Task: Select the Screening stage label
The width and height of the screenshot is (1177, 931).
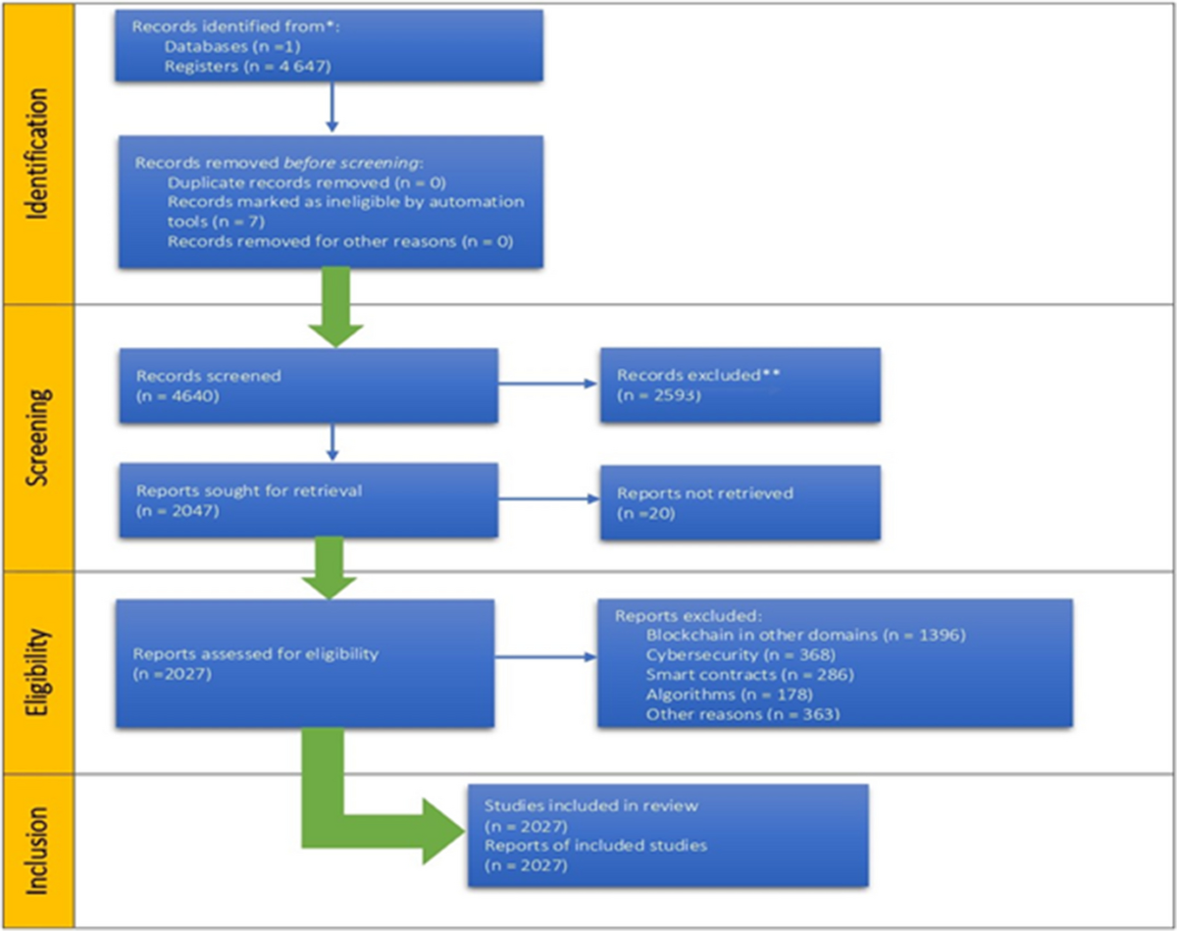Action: tap(36, 438)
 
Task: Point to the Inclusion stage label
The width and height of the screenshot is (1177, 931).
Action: tap(36, 851)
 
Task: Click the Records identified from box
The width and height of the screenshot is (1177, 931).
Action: tap(330, 45)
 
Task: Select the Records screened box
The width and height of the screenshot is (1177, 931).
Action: tap(308, 386)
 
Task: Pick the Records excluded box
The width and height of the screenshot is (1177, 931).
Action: tap(740, 385)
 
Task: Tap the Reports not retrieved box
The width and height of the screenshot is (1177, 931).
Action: tap(740, 502)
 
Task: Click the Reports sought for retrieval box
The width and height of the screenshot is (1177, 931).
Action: tap(308, 501)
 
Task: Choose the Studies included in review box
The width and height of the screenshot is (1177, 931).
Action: tap(667, 835)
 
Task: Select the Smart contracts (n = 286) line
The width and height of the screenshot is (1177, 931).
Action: tap(749, 674)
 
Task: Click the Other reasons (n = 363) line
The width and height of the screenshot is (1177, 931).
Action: tap(742, 714)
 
